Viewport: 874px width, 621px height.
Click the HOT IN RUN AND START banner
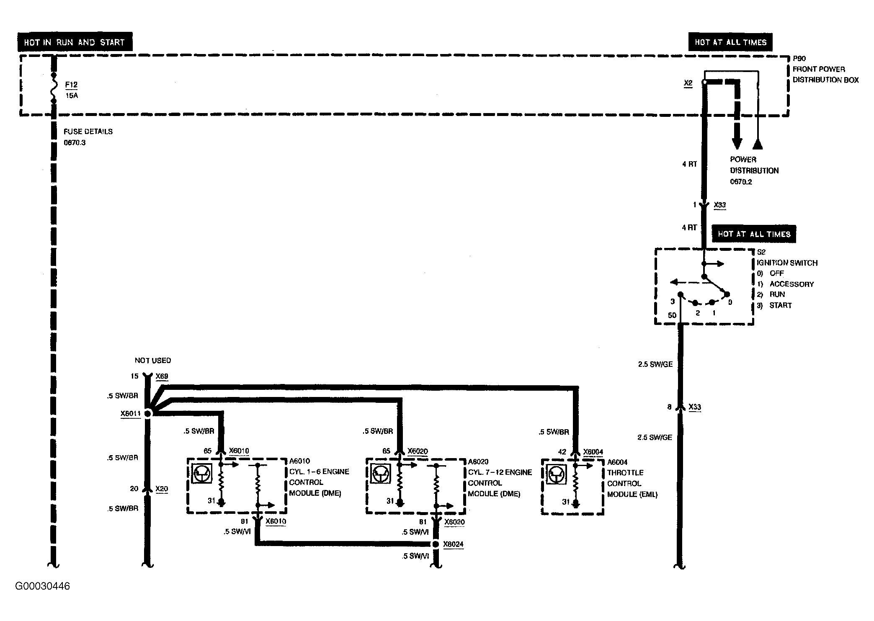click(x=75, y=42)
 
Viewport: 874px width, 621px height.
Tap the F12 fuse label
click(x=71, y=85)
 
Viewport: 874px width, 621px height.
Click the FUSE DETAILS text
click(x=88, y=131)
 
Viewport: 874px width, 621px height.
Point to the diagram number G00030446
click(x=42, y=586)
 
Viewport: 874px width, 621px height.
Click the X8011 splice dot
click(x=147, y=414)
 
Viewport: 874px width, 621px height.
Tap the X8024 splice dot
click(x=436, y=544)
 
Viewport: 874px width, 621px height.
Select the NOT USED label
click(x=153, y=360)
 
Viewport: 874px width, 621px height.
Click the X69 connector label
click(x=162, y=376)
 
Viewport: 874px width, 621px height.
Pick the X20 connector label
click(x=162, y=489)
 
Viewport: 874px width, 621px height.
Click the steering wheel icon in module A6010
click(x=202, y=473)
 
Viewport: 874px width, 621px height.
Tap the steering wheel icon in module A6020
click(x=381, y=474)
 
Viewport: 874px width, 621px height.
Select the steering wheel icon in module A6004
click(x=556, y=475)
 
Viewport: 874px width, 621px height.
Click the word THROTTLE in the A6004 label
click(x=625, y=472)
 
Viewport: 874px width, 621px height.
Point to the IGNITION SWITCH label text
click(x=787, y=263)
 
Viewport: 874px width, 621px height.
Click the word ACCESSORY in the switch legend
click(x=791, y=284)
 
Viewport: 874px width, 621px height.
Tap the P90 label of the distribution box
click(x=799, y=59)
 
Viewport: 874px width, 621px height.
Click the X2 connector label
click(x=688, y=83)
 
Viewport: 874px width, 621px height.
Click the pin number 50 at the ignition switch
click(x=672, y=315)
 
